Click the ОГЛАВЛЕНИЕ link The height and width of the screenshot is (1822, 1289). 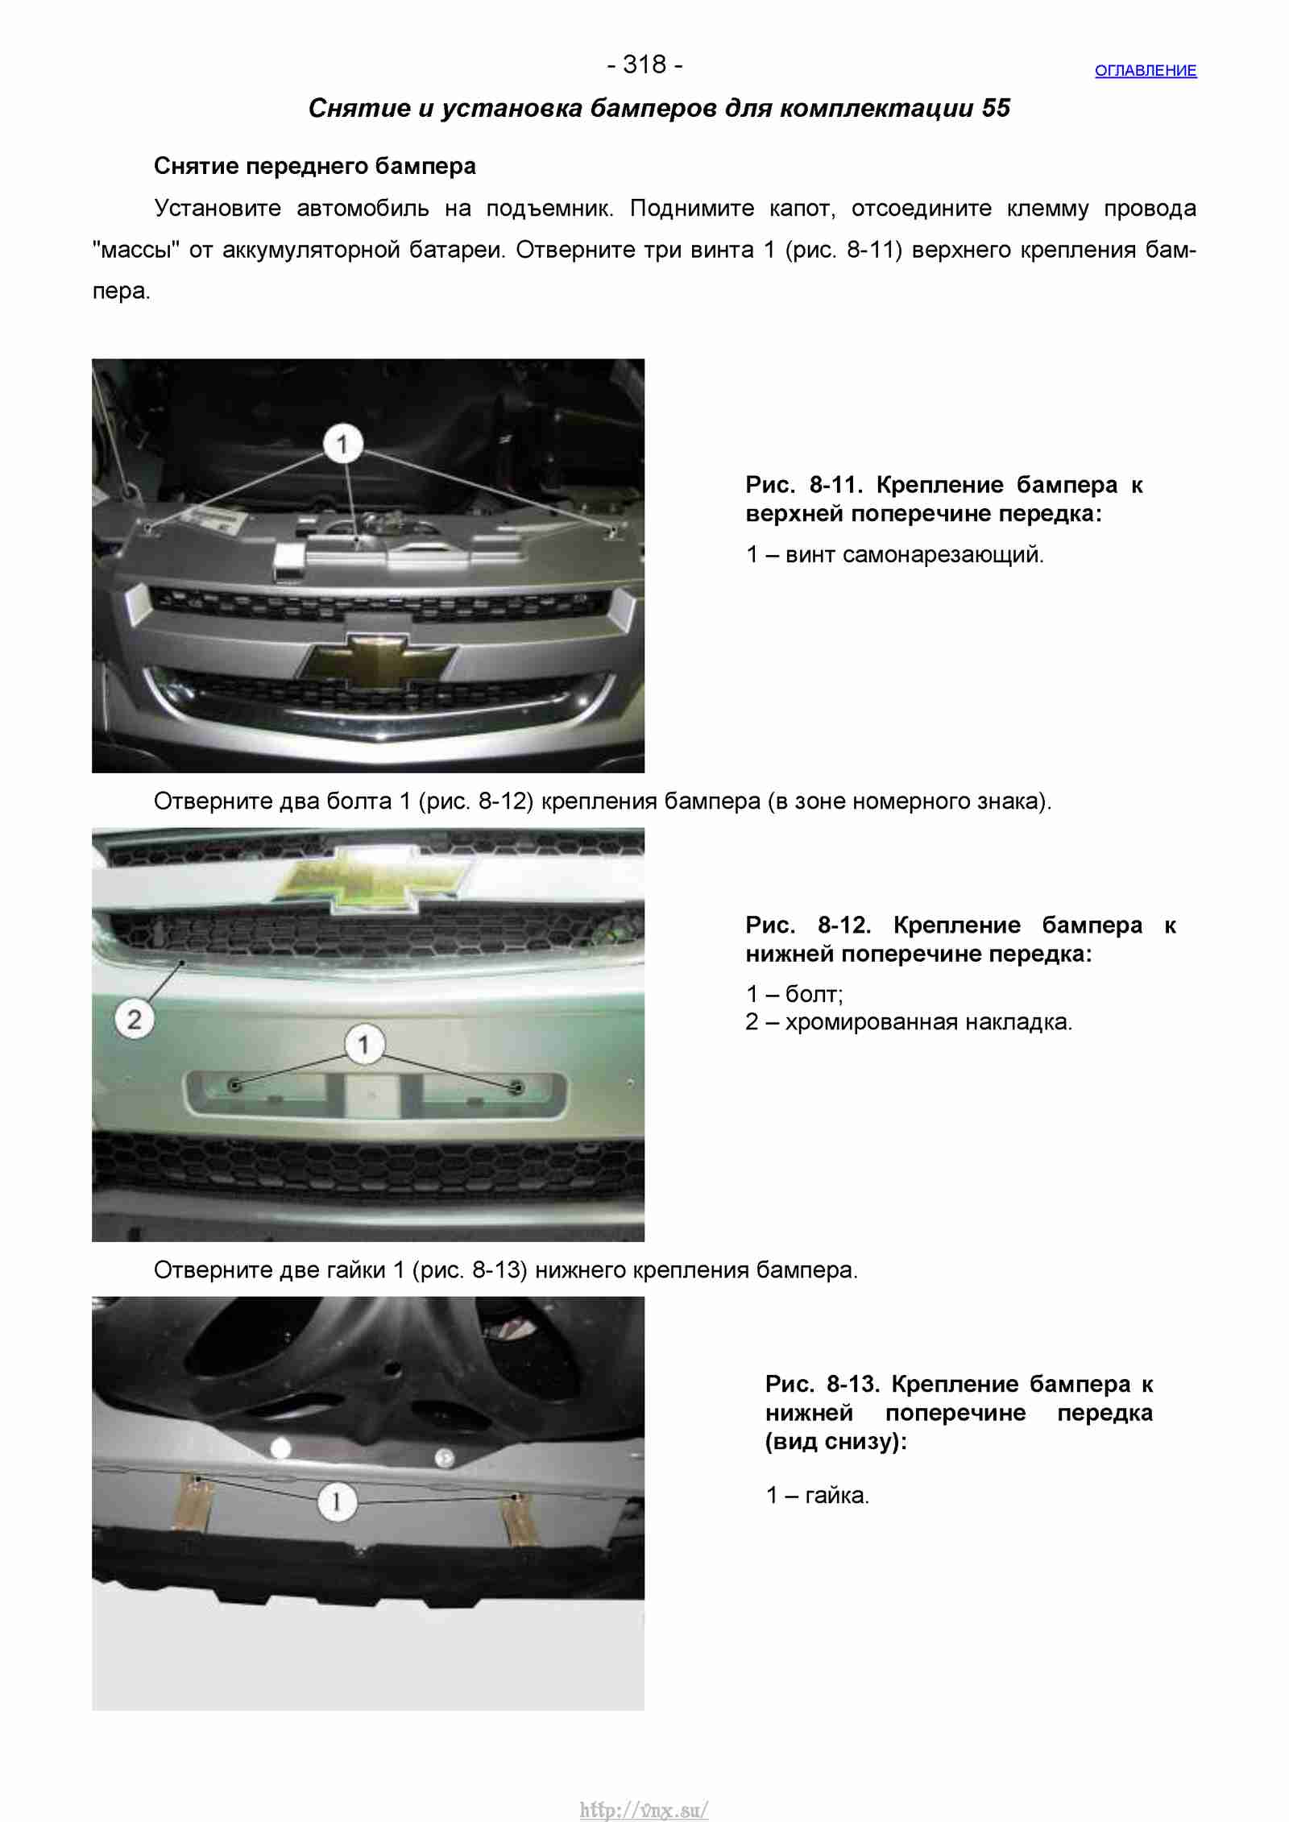click(x=1145, y=71)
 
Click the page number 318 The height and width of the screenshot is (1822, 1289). click(x=644, y=64)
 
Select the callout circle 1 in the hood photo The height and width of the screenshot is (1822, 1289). click(x=342, y=443)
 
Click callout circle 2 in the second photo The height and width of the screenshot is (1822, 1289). click(x=134, y=1019)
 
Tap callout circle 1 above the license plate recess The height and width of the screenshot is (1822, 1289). click(x=364, y=1045)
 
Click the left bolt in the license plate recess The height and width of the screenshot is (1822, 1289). click(x=235, y=1085)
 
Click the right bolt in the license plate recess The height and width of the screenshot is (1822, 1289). click(x=517, y=1087)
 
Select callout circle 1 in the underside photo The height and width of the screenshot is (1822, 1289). click(x=336, y=1501)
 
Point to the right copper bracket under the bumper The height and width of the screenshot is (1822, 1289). click(x=520, y=1517)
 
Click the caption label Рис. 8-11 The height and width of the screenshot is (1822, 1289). click(x=804, y=485)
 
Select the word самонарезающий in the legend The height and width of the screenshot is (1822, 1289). click(x=943, y=555)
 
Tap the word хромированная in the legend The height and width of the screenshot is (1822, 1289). click(x=871, y=1022)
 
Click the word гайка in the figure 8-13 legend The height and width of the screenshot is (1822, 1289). click(x=837, y=1496)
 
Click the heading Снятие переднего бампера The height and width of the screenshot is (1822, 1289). click(x=315, y=166)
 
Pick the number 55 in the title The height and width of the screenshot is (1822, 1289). click(x=996, y=108)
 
